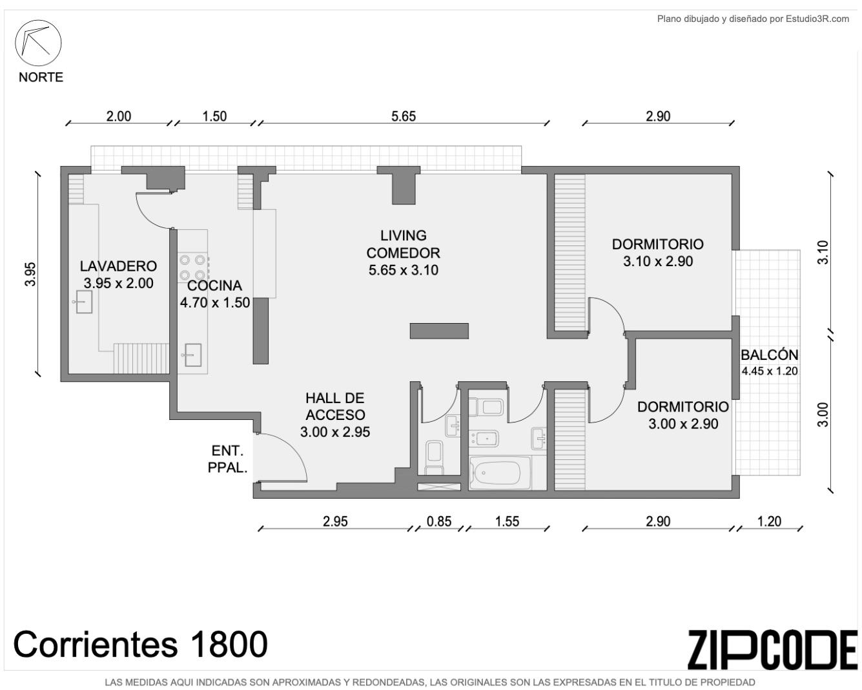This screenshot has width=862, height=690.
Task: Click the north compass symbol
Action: [x=38, y=43]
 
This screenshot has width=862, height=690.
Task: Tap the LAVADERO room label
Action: [x=118, y=266]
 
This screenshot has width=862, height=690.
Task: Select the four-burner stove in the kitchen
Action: [x=192, y=267]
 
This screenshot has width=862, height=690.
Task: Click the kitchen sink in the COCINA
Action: [x=192, y=355]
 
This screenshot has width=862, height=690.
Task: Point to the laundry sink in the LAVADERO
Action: [x=83, y=302]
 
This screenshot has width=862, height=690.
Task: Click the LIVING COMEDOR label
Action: [x=403, y=244]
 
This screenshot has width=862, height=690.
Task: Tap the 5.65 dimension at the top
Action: [x=404, y=116]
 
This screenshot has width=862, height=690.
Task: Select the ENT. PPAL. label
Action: [x=227, y=459]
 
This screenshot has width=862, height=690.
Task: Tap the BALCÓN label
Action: [x=769, y=355]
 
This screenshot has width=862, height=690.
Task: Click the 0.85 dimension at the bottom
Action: [x=439, y=521]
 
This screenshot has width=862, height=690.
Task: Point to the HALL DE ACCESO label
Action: [x=335, y=406]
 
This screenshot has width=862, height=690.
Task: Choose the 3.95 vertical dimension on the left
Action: [x=30, y=274]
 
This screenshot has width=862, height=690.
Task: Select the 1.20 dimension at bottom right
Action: [x=769, y=521]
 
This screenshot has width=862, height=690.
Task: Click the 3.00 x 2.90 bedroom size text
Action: [x=683, y=424]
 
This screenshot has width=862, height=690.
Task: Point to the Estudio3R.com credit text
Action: [x=753, y=19]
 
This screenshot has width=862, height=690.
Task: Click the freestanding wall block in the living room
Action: [x=439, y=331]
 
